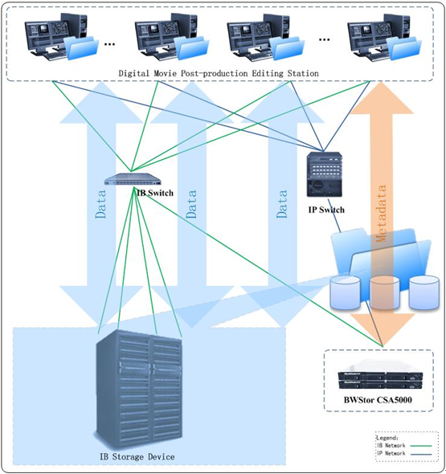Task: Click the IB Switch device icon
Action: click(133, 179)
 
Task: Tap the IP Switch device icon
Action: click(325, 174)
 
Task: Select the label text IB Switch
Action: click(155, 193)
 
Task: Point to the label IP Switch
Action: click(326, 210)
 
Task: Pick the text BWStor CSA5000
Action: click(378, 400)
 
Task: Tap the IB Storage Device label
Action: click(137, 456)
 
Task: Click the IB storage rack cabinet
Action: click(139, 390)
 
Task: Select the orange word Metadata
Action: click(381, 213)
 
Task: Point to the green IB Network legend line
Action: click(420, 446)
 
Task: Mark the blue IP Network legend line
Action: click(420, 454)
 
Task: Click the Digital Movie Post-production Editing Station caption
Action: click(219, 73)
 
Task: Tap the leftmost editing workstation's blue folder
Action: click(82, 47)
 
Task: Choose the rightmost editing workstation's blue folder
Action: click(405, 47)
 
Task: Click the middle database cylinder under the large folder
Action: click(384, 292)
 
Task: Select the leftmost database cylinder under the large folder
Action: click(346, 292)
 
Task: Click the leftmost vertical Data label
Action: click(100, 204)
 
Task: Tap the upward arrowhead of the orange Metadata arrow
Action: click(381, 98)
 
